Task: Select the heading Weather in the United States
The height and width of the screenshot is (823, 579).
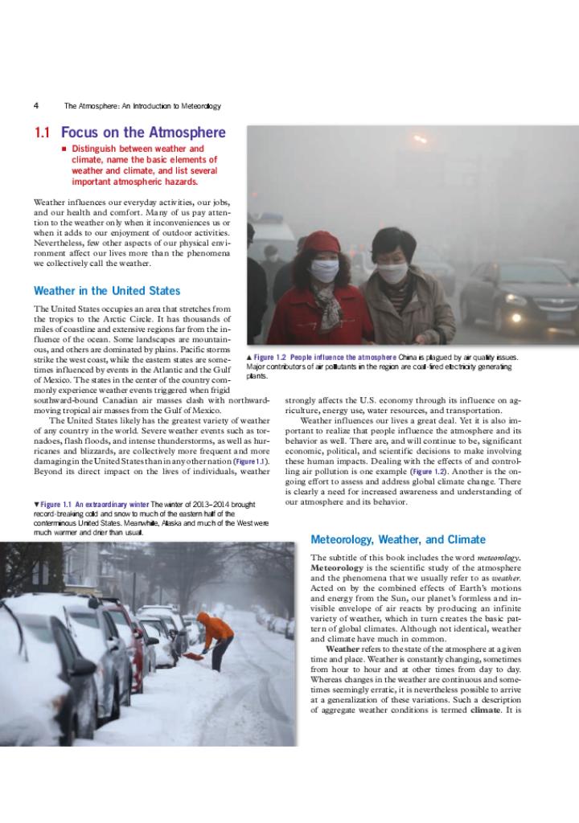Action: click(107, 291)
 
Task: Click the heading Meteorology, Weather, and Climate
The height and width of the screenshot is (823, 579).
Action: click(398, 539)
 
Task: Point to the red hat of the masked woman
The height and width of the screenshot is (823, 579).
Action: click(321, 242)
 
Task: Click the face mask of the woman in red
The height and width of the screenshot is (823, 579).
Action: click(324, 271)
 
